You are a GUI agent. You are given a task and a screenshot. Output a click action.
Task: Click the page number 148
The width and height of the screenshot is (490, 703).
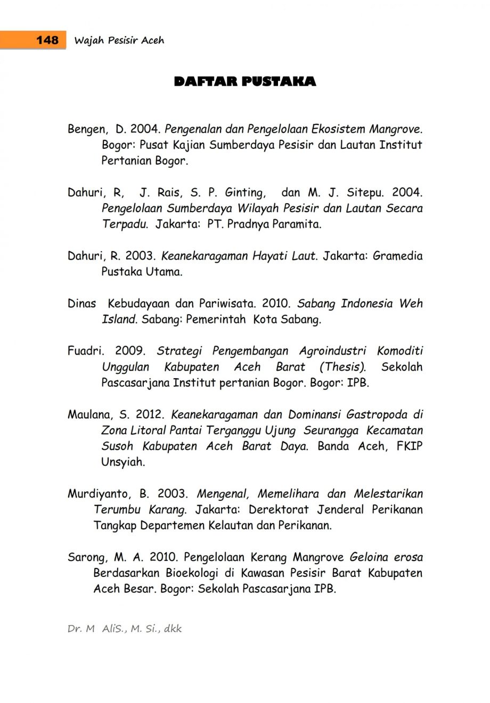coord(47,40)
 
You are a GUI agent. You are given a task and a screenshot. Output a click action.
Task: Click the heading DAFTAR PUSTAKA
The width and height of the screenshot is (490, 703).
coord(245,81)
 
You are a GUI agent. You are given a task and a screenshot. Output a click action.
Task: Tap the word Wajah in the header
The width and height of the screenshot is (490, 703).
coord(88,40)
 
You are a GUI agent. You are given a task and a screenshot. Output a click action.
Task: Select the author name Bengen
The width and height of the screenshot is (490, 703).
coord(85,129)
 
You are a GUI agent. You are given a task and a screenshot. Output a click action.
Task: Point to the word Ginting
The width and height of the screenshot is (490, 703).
coord(244,193)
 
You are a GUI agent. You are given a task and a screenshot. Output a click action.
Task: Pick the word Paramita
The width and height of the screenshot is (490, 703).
coord(297,224)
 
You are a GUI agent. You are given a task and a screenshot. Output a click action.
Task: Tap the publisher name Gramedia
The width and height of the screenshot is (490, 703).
coord(397,256)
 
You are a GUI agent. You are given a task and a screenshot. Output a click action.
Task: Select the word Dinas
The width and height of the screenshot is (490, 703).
coord(81,304)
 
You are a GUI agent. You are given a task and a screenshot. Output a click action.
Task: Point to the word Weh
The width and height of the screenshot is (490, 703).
coord(411,304)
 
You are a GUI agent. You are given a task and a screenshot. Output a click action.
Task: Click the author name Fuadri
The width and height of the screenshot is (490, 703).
coord(84,351)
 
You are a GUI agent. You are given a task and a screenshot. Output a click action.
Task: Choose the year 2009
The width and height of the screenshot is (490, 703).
coord(130,351)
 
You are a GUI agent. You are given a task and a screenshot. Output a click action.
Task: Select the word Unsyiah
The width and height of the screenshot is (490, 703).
coord(123,462)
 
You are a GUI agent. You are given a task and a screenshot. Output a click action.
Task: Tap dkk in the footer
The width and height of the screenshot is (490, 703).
coord(173,629)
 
